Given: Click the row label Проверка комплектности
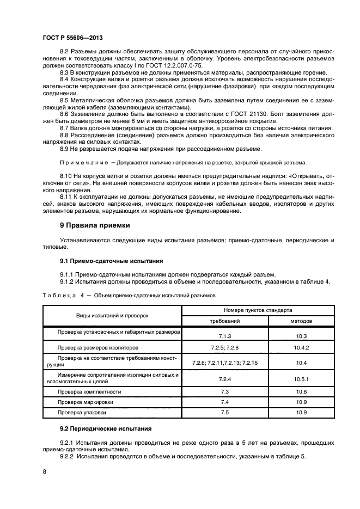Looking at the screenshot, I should click(89, 391).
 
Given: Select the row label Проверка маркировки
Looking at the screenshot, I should click(86, 402).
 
